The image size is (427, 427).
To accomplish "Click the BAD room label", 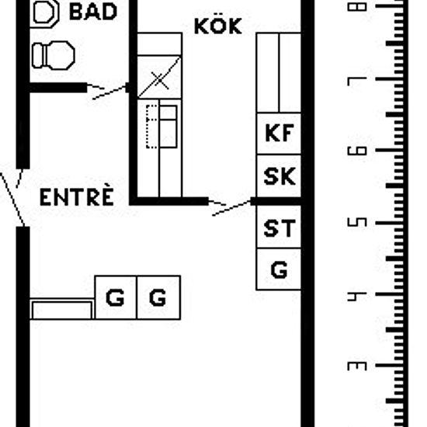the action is coord(93,12).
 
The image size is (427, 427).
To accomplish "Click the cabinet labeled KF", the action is coord(279,134).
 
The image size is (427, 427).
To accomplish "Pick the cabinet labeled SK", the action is coord(279,175).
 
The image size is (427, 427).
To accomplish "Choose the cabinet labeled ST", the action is coord(279,227).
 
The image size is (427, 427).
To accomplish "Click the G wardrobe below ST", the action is coord(279,269).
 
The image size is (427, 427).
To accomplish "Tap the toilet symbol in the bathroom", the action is coord(54,55).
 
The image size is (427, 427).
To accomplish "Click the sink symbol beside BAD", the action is coord(45,14).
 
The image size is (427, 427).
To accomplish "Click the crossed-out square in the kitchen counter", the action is coord(159,77).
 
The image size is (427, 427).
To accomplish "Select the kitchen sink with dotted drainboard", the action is coord(161,127).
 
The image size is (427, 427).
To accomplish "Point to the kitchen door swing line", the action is coord(231,208).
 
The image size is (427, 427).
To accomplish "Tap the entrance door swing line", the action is coord(12,200).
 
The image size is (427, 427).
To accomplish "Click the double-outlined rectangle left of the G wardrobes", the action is coord(62,309).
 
